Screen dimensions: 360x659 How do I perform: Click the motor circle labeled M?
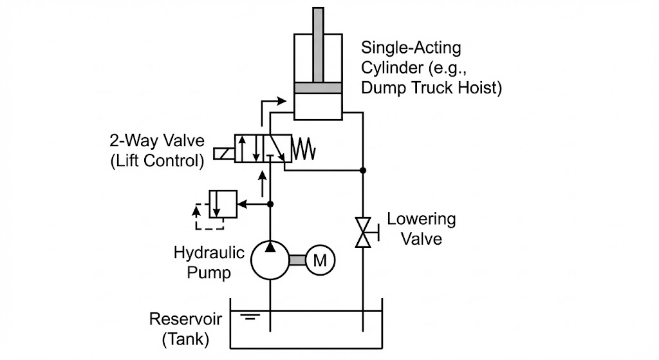pyautogui.click(x=320, y=260)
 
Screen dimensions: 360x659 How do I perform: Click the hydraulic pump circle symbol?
pyautogui.click(x=270, y=260)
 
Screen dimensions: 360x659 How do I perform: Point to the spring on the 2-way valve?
pyautogui.click(x=304, y=149)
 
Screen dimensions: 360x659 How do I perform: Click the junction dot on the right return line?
pyautogui.click(x=364, y=171)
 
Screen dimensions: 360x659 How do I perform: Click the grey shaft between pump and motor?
pyautogui.click(x=297, y=260)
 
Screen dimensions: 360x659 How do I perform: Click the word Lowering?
pyautogui.click(x=422, y=219)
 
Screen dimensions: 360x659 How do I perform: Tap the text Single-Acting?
pyautogui.click(x=411, y=48)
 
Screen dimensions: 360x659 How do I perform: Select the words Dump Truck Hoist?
pyautogui.click(x=431, y=88)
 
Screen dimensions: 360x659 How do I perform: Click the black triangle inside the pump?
pyautogui.click(x=270, y=247)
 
